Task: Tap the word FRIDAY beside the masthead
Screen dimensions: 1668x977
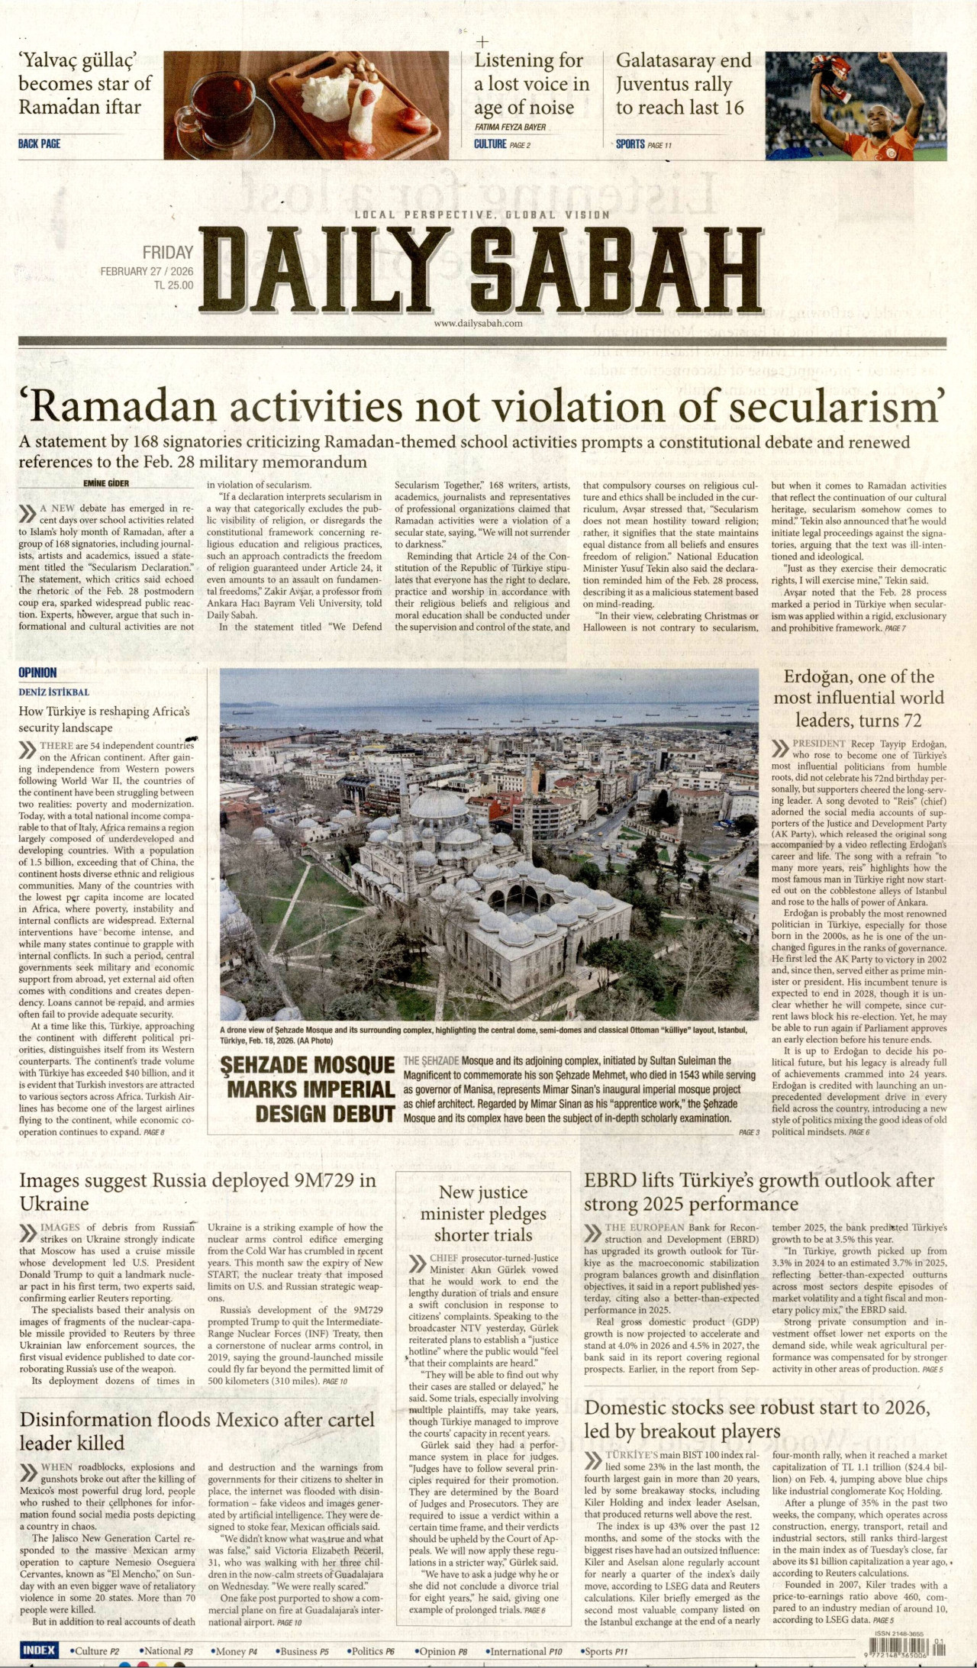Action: click(x=168, y=252)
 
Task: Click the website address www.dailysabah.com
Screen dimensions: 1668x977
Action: click(x=478, y=323)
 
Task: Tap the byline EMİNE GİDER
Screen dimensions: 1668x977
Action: click(x=106, y=482)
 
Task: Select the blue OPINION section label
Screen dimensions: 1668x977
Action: click(x=37, y=673)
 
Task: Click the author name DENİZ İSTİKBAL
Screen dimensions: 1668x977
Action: click(x=53, y=692)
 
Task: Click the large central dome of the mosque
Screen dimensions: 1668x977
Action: click(x=438, y=806)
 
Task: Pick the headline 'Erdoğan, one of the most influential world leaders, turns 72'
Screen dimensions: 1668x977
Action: click(x=859, y=698)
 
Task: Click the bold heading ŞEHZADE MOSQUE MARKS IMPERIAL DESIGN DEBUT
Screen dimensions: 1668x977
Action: click(x=308, y=1089)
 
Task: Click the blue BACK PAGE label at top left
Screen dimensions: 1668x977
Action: click(x=39, y=144)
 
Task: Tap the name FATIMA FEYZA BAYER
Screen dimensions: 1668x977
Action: click(x=510, y=127)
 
